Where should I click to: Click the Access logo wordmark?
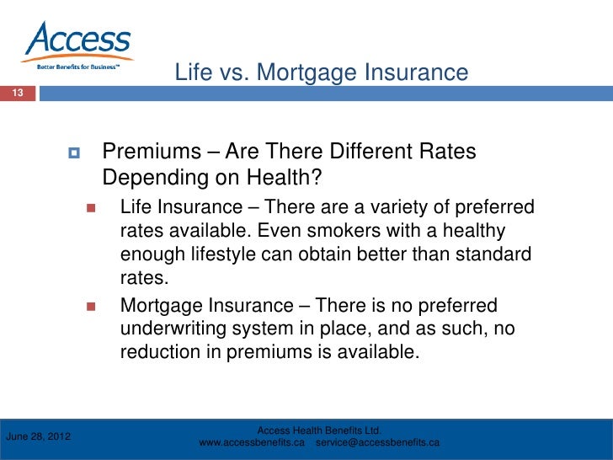point(78,38)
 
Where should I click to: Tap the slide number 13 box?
point(18,93)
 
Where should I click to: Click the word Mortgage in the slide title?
point(306,72)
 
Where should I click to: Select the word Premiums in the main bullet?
point(152,152)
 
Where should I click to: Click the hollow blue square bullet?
point(74,152)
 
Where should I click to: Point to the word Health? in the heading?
point(284,177)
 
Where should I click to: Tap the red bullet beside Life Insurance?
point(91,208)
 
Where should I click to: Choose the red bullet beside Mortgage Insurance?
point(91,306)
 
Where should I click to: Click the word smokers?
point(344,231)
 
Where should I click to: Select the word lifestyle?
point(223,254)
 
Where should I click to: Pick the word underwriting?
point(173,329)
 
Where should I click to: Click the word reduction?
point(160,351)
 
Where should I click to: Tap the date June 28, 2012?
point(39,436)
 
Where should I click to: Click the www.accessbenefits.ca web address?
point(252,442)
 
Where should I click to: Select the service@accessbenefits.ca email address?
point(377,442)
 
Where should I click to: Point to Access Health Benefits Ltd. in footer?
point(319,431)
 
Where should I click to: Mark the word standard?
point(493,254)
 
